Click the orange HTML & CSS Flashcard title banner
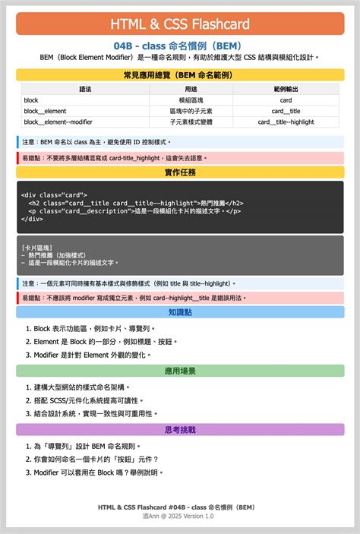(x=180, y=24)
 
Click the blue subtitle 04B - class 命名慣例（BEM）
(x=179, y=46)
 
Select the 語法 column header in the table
(x=85, y=89)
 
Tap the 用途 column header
(x=179, y=89)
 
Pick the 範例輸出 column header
(x=286, y=89)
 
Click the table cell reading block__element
(x=45, y=111)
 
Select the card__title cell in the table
(x=286, y=111)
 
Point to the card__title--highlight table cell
(x=286, y=122)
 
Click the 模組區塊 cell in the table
(x=179, y=100)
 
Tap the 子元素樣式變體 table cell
(x=179, y=122)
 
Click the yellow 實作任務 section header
(x=180, y=172)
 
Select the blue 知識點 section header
(x=180, y=312)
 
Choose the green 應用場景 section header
(x=180, y=371)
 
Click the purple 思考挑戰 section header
(x=180, y=430)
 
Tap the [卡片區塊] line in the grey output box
(x=37, y=247)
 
